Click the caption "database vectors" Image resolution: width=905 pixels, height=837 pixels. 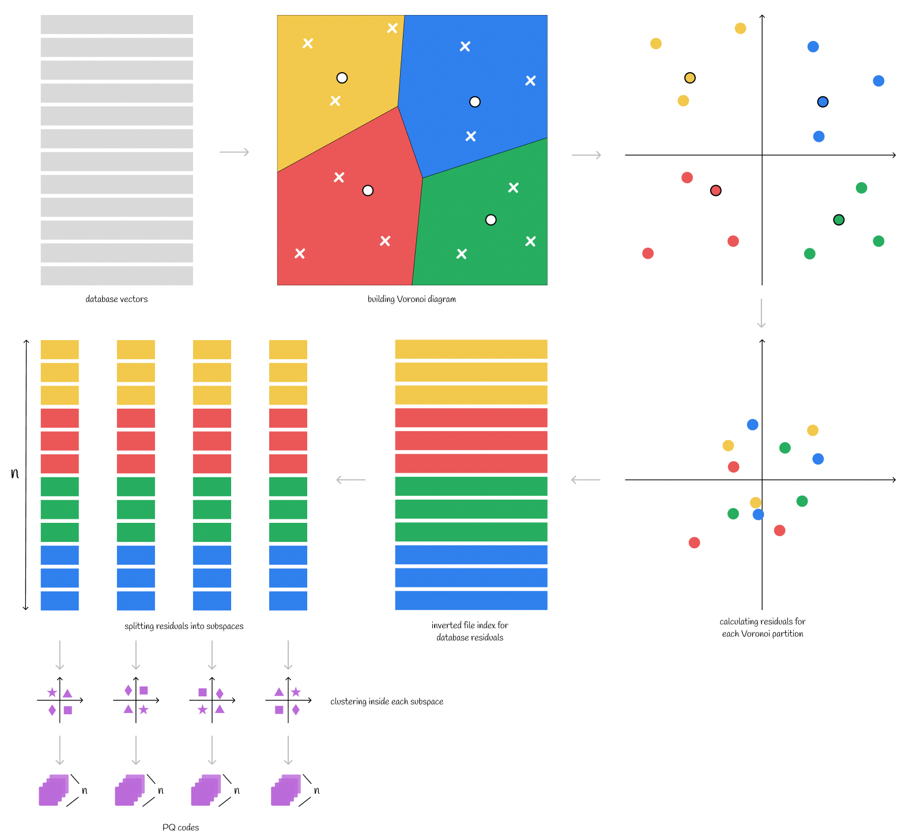(x=116, y=299)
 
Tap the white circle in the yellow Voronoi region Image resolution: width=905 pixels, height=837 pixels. (x=342, y=78)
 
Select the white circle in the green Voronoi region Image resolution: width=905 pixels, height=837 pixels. (x=491, y=220)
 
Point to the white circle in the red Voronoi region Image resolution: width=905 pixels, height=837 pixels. (x=368, y=190)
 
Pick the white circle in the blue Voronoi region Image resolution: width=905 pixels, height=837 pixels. (x=474, y=102)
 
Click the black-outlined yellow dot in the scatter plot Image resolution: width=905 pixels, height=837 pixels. (x=689, y=78)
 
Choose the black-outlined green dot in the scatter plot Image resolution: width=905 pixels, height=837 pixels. (x=839, y=220)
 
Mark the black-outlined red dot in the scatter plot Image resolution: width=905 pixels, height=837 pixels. (x=715, y=190)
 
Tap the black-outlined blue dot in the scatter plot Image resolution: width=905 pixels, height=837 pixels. (x=823, y=102)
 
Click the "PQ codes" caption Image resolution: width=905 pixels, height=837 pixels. (x=180, y=827)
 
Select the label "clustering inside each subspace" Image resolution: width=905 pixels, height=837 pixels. (x=387, y=702)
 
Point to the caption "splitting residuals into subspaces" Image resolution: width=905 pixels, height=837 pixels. (x=184, y=626)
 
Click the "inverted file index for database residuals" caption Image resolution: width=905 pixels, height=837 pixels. (x=470, y=631)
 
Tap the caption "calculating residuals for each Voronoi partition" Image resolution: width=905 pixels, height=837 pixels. (x=762, y=628)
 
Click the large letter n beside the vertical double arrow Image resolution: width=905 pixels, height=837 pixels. (x=15, y=474)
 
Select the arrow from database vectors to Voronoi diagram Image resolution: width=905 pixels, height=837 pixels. (x=234, y=152)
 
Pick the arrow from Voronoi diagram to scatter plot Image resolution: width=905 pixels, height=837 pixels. (x=586, y=155)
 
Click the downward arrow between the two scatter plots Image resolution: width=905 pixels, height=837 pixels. (x=761, y=313)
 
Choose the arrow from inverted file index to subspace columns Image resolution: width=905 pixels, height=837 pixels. (x=351, y=480)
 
